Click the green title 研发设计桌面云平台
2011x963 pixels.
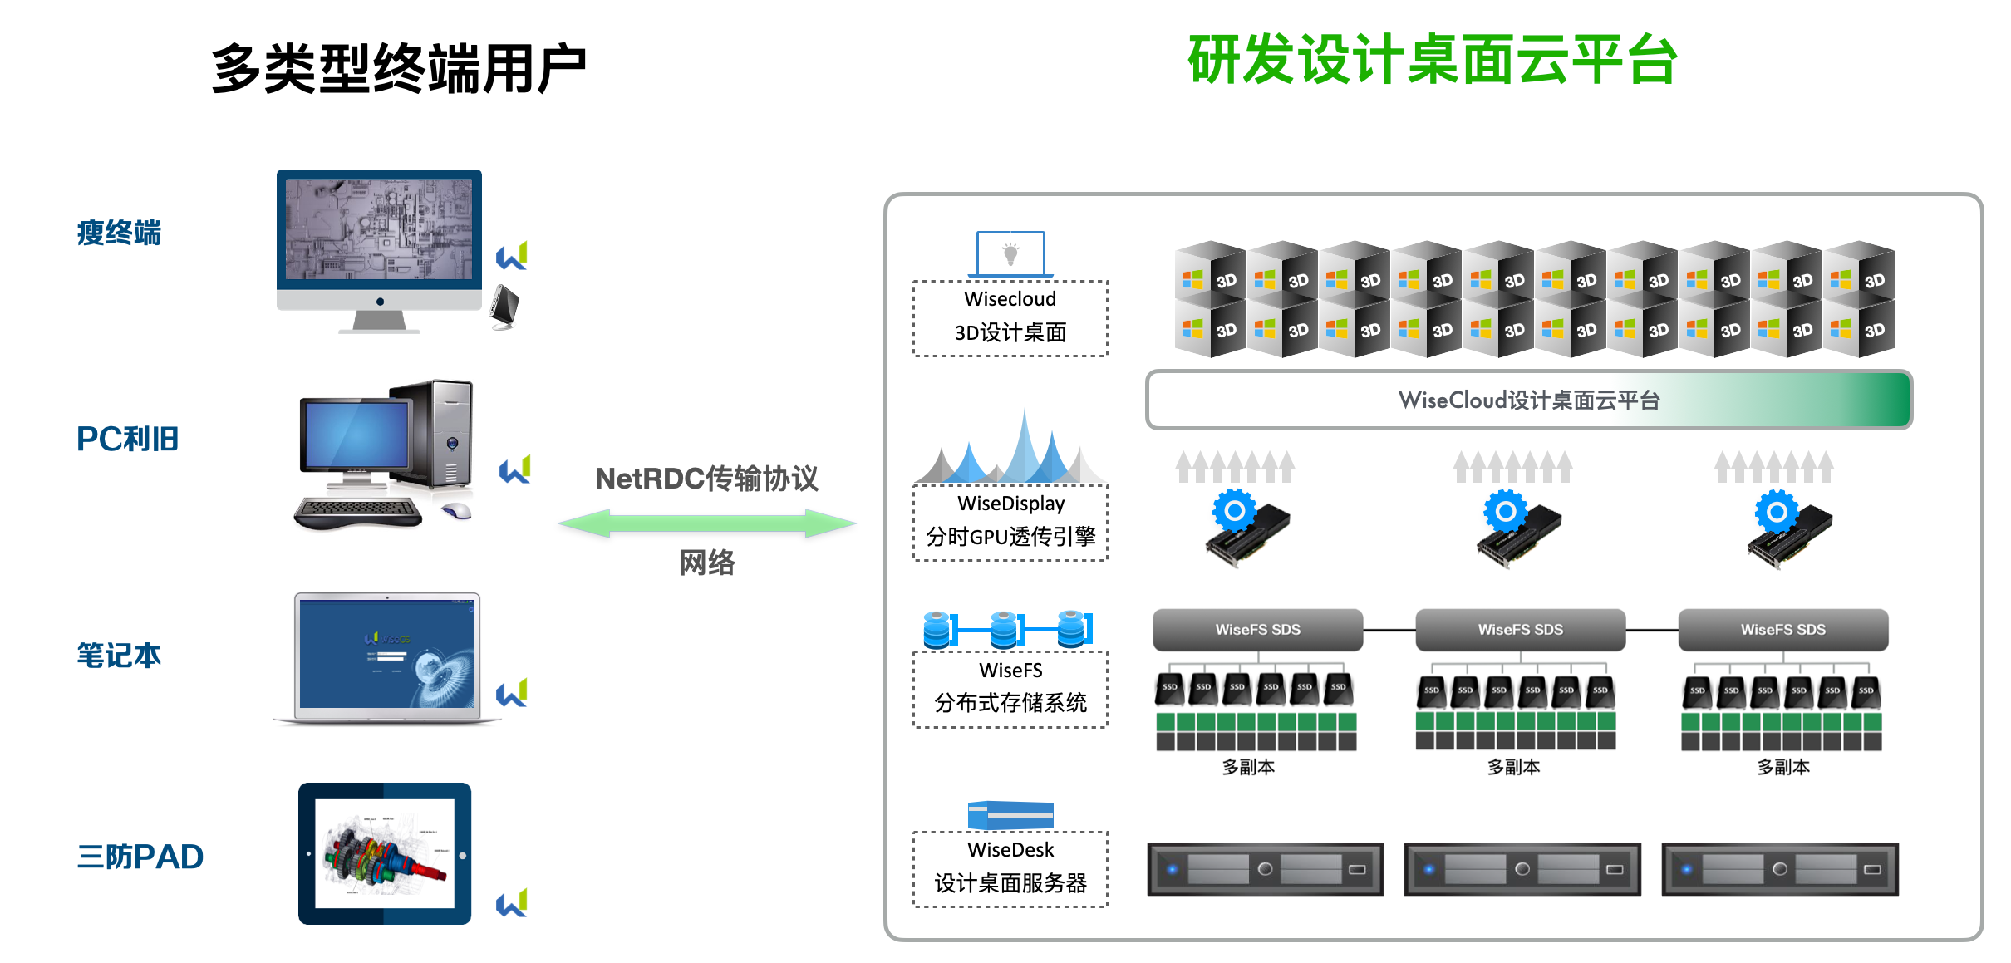[1432, 60]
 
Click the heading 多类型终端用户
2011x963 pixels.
[399, 68]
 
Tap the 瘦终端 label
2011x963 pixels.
[119, 233]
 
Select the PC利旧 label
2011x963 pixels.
[127, 439]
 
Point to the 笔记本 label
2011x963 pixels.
[119, 656]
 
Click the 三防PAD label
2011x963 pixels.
[140, 857]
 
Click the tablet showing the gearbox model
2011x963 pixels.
[385, 853]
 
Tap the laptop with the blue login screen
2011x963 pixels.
[387, 656]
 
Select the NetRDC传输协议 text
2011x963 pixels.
[706, 479]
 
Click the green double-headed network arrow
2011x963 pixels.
[706, 523]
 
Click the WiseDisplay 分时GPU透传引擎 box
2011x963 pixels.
[1010, 522]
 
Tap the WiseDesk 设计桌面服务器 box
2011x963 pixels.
[1010, 868]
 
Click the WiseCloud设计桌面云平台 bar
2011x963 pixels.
[1528, 400]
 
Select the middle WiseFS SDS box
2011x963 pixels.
[1520, 630]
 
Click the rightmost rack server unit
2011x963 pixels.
[1780, 869]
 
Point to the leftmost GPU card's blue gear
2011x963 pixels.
[1235, 510]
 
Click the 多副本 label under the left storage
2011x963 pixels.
[1248, 767]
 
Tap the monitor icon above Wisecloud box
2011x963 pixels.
[1010, 253]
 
